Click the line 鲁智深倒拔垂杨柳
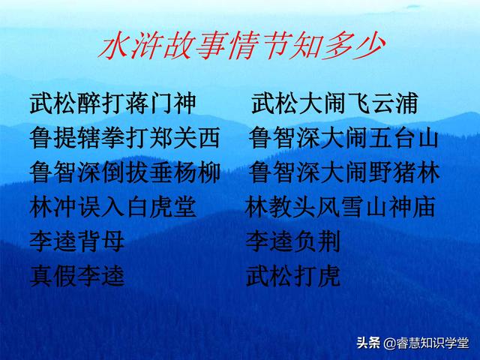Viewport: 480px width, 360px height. pyautogui.click(x=125, y=174)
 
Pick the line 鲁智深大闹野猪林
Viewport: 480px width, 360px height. pyautogui.click(x=343, y=174)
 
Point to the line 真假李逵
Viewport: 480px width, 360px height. pyautogui.click(x=78, y=277)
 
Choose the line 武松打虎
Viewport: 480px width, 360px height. pyautogui.click(x=293, y=277)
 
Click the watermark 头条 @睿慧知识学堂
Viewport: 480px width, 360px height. pyautogui.click(x=412, y=343)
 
